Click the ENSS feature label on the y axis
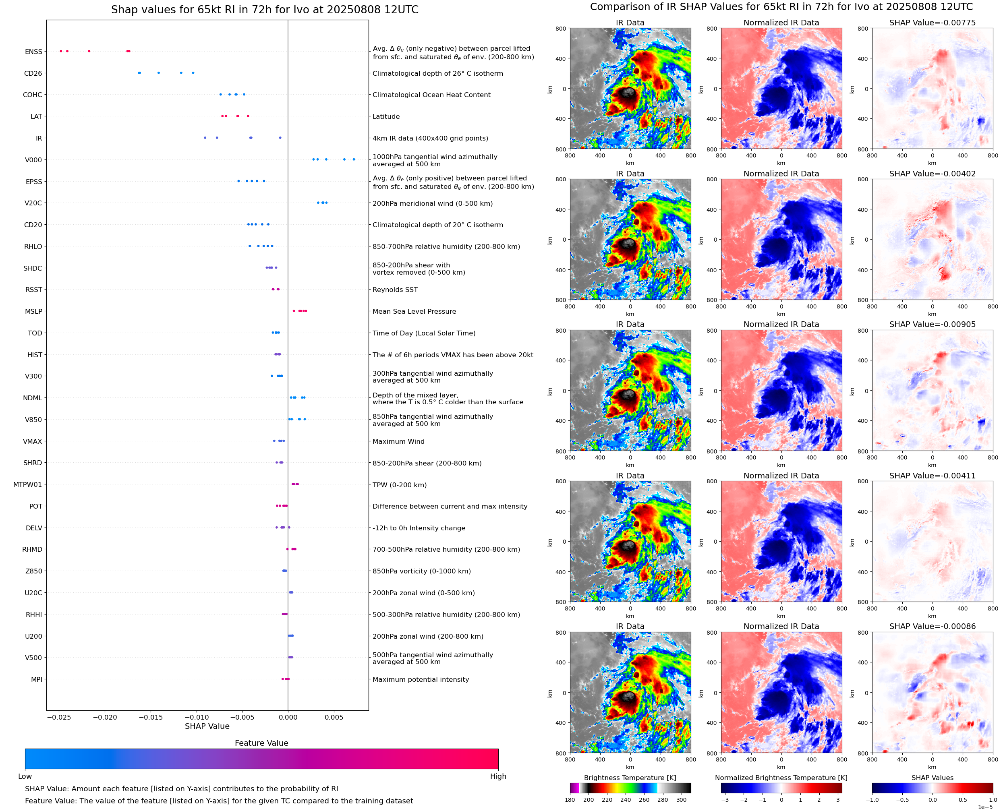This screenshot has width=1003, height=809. point(33,52)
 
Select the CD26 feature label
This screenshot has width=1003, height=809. point(33,74)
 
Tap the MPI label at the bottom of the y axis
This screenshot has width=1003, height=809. point(36,679)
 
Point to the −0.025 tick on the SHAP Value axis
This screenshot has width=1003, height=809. point(59,717)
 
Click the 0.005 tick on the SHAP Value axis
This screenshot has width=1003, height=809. point(334,717)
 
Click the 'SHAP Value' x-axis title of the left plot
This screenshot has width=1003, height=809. point(207,726)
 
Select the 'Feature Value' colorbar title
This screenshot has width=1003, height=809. point(261,743)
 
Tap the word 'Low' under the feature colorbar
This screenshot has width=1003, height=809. point(25,776)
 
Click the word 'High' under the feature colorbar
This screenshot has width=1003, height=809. point(498,776)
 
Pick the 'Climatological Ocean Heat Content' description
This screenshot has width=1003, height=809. point(431,95)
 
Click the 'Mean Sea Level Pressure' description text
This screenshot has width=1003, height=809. point(414,311)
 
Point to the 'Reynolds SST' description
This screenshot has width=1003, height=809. point(395,290)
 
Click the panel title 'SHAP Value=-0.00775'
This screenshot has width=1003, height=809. point(932,23)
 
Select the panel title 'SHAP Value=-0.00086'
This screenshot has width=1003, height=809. point(932,626)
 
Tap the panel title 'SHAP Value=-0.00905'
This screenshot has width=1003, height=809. point(932,324)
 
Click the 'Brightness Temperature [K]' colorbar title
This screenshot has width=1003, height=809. point(630,778)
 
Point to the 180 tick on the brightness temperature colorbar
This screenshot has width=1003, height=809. point(570,800)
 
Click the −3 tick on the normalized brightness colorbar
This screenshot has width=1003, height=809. point(725,800)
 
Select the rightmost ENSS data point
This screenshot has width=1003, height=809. point(129,51)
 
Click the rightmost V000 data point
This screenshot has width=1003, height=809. point(354,159)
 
